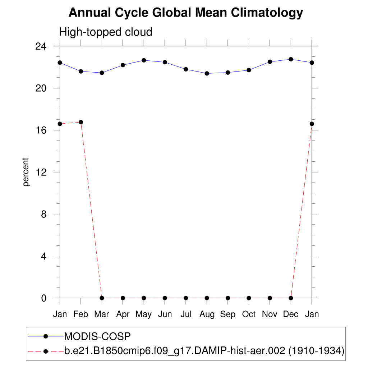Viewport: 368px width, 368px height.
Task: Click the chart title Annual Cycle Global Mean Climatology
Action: [x=186, y=13]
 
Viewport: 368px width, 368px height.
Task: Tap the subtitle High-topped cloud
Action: [x=106, y=32]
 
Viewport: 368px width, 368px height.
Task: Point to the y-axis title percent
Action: [x=26, y=172]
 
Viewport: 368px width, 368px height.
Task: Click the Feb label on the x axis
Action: [x=80, y=314]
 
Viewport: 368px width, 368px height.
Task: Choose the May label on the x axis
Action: [x=144, y=314]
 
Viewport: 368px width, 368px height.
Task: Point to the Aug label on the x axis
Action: [x=207, y=314]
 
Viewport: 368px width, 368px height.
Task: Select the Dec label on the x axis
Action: [x=291, y=314]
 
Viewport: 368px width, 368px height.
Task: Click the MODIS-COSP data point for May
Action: [x=144, y=60]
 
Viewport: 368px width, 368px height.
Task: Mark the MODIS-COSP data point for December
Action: [x=291, y=59]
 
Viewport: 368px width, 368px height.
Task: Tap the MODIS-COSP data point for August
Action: [x=207, y=73]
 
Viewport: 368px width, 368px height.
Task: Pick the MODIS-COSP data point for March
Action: [x=102, y=73]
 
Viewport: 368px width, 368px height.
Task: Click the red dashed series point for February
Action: [x=81, y=122]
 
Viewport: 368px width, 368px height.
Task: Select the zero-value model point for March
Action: [x=102, y=298]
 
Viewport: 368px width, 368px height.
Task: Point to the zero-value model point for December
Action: [x=291, y=298]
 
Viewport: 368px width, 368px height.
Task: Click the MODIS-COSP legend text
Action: [x=97, y=336]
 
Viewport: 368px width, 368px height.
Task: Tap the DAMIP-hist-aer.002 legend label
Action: [x=204, y=351]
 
